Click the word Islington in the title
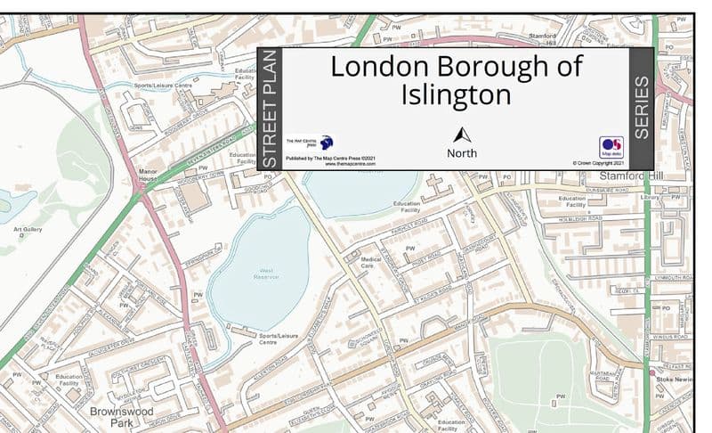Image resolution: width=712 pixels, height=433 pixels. (x=456, y=94)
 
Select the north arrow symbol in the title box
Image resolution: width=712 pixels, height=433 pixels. (x=462, y=135)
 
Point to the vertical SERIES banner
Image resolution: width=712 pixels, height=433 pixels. (x=641, y=109)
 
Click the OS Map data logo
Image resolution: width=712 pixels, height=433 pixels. (x=611, y=146)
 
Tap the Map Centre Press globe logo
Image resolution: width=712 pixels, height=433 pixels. (x=326, y=142)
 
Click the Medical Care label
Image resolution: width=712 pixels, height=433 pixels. (x=371, y=262)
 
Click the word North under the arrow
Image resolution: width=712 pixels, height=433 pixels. (x=462, y=153)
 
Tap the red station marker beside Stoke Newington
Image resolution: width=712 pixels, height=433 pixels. (x=651, y=372)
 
